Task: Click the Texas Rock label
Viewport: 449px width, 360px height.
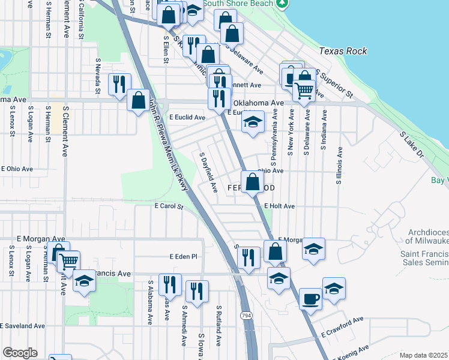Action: tap(343, 51)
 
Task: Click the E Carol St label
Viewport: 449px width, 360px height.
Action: tap(168, 206)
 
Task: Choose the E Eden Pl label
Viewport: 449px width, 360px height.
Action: tap(183, 256)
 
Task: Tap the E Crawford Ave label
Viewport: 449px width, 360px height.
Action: tap(342, 326)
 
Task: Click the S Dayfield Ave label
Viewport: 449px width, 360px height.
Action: tap(208, 172)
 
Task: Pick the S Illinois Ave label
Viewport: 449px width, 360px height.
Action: tap(339, 164)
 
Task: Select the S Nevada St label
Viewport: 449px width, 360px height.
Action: tap(97, 77)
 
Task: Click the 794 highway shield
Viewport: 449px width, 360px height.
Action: tap(246, 315)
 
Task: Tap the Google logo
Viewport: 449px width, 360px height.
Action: tap(19, 353)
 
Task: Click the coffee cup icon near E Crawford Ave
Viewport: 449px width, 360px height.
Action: tap(310, 298)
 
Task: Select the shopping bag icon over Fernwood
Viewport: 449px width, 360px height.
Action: tap(253, 181)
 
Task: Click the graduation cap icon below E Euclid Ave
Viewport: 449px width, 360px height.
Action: tap(253, 123)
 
